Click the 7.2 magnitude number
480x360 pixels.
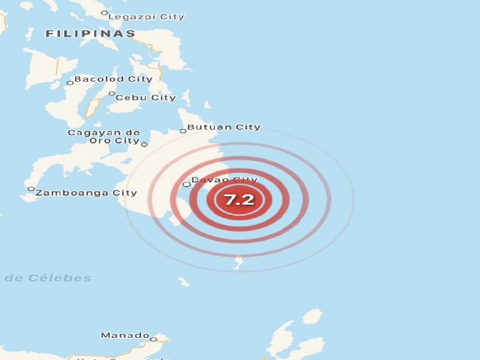pyautogui.click(x=239, y=200)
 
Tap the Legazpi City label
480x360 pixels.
pyautogui.click(x=146, y=17)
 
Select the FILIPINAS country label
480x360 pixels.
pyautogui.click(x=91, y=34)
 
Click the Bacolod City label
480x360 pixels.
pyautogui.click(x=113, y=79)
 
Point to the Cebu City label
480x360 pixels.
pyautogui.click(x=146, y=97)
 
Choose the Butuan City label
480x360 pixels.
pyautogui.click(x=224, y=127)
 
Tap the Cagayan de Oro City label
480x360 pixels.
pyautogui.click(x=104, y=136)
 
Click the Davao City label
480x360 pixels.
pyautogui.click(x=224, y=179)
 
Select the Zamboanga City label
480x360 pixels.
pyautogui.click(x=86, y=193)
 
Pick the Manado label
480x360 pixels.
pyautogui.click(x=125, y=335)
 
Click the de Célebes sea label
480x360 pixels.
pyautogui.click(x=48, y=278)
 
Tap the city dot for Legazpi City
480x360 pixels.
pyautogui.click(x=104, y=13)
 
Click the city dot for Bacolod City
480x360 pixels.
pyautogui.click(x=70, y=82)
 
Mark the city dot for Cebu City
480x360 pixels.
pyautogui.click(x=112, y=93)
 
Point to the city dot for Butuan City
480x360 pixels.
pyautogui.click(x=183, y=130)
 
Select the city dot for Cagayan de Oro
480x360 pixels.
pyautogui.click(x=144, y=144)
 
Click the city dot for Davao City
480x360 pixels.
pyautogui.click(x=186, y=184)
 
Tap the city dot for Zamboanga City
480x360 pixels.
pyautogui.click(x=31, y=189)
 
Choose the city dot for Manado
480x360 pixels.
pyautogui.click(x=153, y=339)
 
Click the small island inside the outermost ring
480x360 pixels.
pyautogui.click(x=239, y=260)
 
